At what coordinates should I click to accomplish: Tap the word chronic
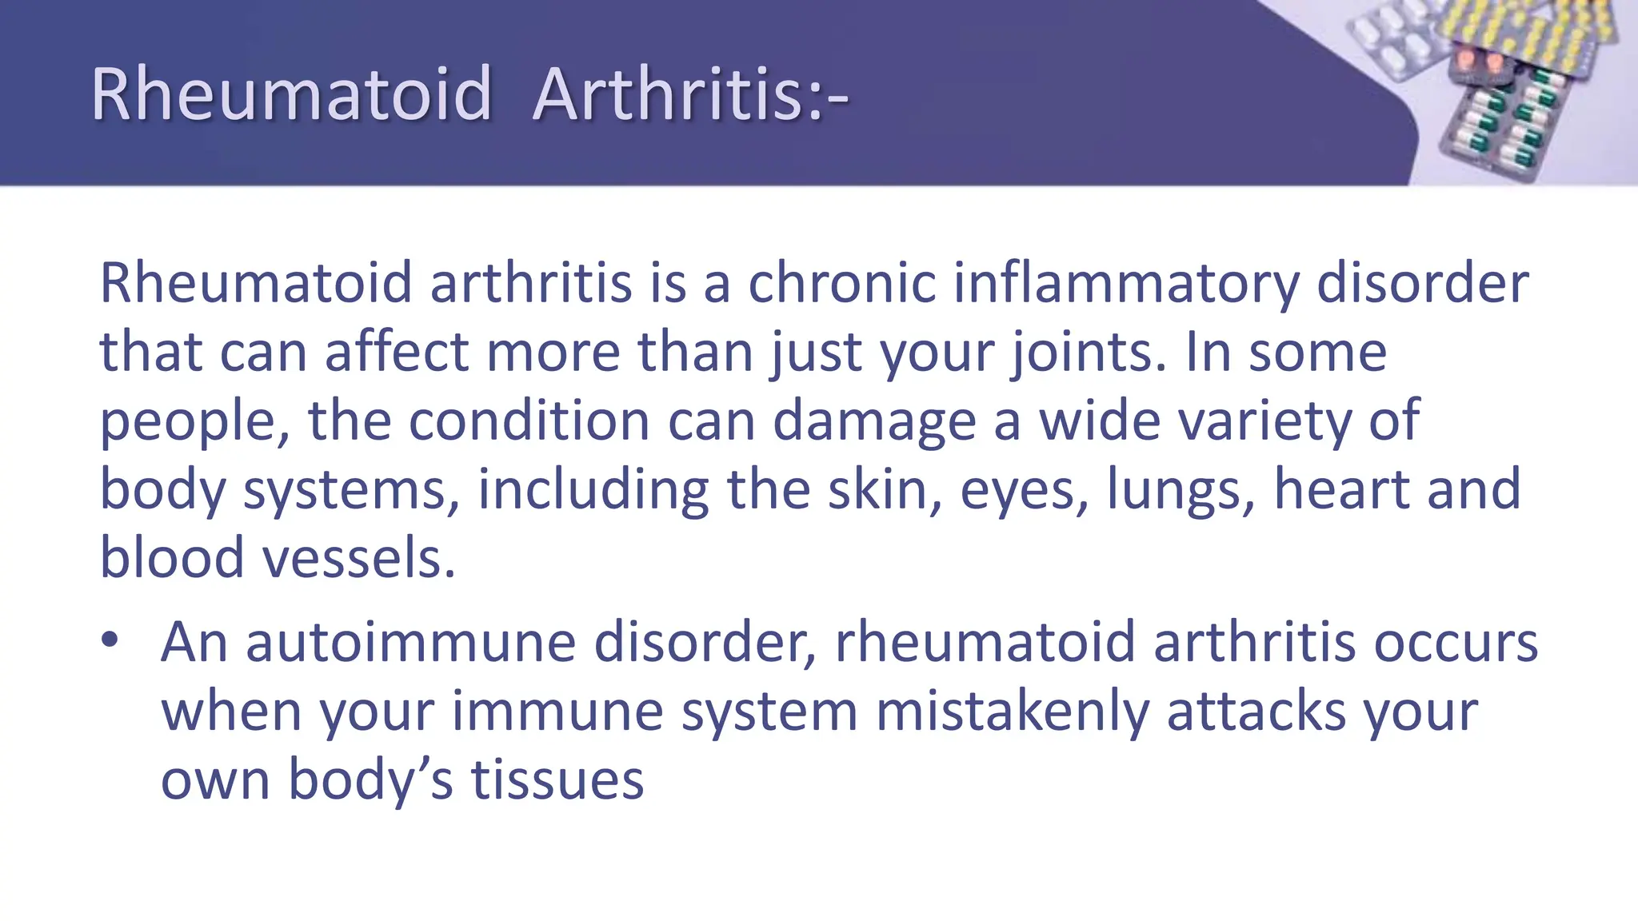[x=841, y=283]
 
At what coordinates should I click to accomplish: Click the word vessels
[x=359, y=558]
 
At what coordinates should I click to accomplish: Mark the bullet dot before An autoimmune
[x=110, y=640]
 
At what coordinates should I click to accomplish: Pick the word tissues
[x=557, y=780]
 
